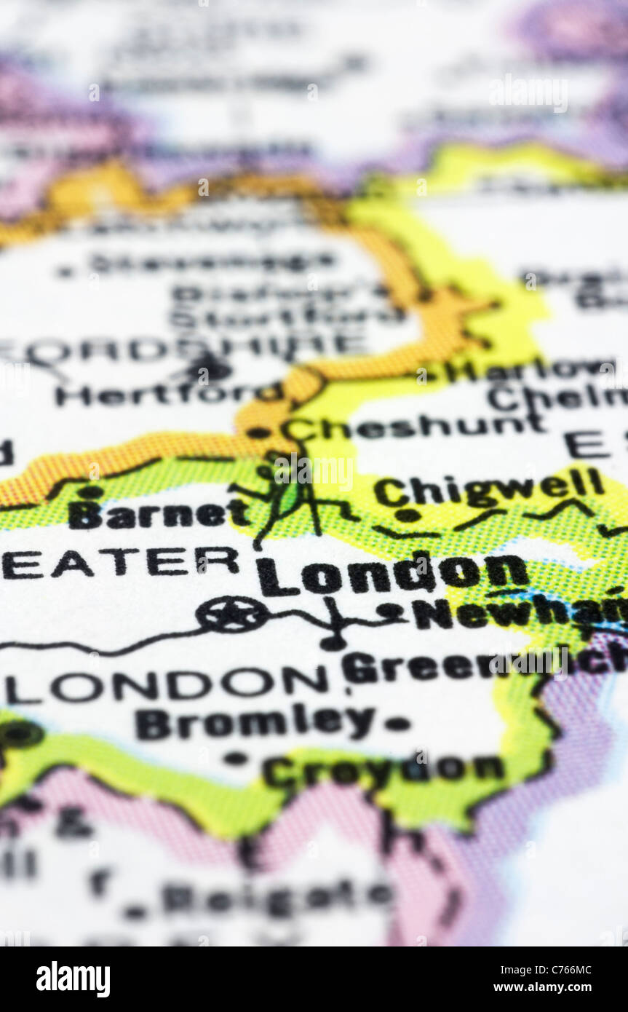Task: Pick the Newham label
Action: (520, 613)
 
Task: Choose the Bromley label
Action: (255, 723)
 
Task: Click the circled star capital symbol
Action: (232, 614)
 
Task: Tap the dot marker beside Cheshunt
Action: (258, 432)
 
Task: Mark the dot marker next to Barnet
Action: (90, 492)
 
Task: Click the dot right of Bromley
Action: (397, 724)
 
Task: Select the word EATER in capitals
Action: (120, 562)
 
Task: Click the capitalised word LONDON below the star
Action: (167, 684)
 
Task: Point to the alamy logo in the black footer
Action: (73, 979)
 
